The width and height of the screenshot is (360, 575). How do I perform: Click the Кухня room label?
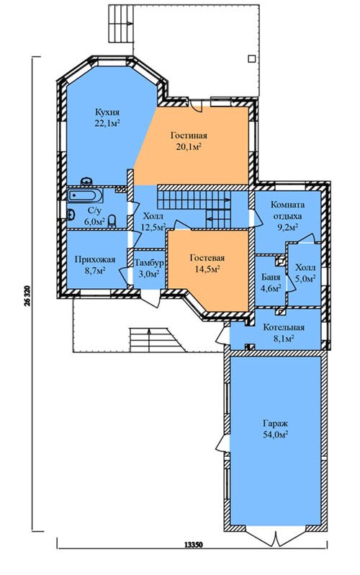(107, 112)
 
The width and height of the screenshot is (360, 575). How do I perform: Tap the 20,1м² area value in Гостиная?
(189, 147)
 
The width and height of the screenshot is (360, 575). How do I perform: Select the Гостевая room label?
(207, 258)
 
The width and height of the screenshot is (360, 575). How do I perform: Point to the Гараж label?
(275, 424)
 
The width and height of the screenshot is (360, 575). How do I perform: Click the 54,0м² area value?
(275, 434)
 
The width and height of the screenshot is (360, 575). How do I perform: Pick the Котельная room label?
(284, 327)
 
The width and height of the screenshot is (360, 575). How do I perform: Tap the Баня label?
(271, 277)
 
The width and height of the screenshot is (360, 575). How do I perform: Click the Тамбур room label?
(149, 263)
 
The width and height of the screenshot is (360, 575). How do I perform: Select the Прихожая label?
(95, 259)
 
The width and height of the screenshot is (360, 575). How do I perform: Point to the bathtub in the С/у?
(85, 195)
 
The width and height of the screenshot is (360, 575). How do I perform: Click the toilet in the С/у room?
(113, 221)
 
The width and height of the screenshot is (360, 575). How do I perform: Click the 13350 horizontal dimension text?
(192, 544)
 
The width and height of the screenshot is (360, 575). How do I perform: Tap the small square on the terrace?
(251, 58)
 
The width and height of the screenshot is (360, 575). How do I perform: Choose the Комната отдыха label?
(287, 210)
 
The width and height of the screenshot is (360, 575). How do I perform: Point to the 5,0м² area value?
(306, 279)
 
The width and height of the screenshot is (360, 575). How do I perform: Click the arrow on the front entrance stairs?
(149, 339)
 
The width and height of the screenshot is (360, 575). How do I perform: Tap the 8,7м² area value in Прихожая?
(95, 271)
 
